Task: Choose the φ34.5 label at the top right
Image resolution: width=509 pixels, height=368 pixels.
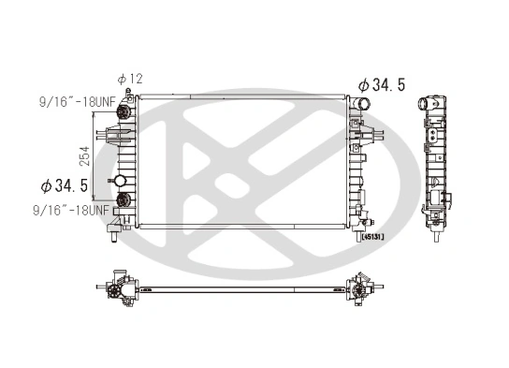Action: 380,85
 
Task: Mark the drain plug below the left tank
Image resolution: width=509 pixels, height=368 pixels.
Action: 113,230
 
